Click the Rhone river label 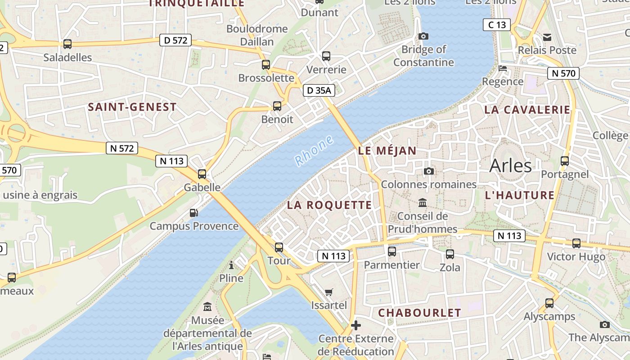point(314,150)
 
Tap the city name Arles point(510,166)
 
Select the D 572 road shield point(175,40)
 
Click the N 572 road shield point(122,148)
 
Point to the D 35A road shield point(319,90)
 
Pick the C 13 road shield point(497,25)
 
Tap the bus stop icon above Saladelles point(67,44)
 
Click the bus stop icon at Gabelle point(202,174)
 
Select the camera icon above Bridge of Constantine point(423,36)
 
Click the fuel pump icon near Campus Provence point(193,213)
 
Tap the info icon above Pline point(231,265)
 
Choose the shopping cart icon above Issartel point(329,292)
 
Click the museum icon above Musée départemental point(207,307)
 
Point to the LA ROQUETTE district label point(329,205)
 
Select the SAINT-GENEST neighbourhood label point(132,107)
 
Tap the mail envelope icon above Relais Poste point(547,37)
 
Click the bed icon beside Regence point(503,68)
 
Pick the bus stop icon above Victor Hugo point(576,243)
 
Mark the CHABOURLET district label point(419,313)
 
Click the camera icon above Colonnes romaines point(428,171)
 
